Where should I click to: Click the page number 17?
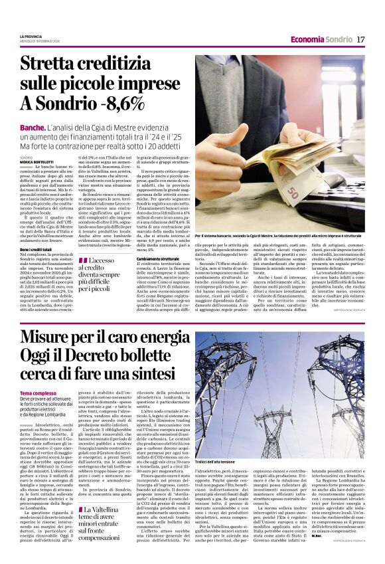coord(360,39)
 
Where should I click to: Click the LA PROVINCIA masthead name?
coord(31,36)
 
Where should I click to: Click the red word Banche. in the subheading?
coord(33,126)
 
